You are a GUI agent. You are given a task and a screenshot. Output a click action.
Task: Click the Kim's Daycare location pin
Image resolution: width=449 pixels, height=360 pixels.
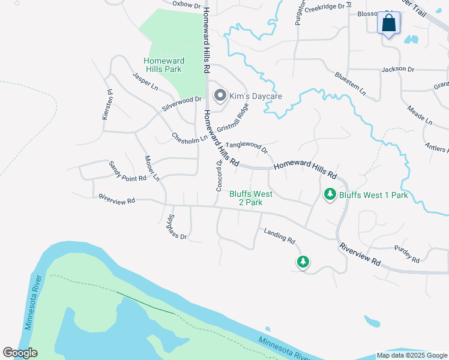tap(220, 95)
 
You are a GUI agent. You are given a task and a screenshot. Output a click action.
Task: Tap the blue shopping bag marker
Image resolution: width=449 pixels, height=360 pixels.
tap(389, 24)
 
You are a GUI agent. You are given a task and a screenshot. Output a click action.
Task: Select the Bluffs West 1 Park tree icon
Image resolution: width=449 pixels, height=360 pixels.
tap(330, 194)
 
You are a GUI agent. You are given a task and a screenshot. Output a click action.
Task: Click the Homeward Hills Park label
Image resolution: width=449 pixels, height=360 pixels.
tap(162, 65)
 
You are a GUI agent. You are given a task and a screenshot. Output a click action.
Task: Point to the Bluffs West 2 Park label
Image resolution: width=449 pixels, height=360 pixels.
tap(251, 198)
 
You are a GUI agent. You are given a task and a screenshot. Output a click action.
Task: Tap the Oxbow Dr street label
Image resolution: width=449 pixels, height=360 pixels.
tap(185, 4)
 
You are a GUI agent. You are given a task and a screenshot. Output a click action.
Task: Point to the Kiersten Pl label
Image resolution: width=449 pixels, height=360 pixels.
tap(107, 105)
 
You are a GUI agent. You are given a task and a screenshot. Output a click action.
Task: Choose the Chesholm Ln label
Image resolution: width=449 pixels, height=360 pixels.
tap(188, 137)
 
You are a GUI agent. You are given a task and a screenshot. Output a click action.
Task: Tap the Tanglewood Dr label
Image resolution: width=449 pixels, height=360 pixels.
tap(247, 146)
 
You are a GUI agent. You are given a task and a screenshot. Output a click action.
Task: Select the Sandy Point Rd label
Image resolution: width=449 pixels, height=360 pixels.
tap(127, 171)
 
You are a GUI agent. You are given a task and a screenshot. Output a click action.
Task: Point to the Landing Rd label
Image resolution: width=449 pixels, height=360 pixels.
tap(279, 236)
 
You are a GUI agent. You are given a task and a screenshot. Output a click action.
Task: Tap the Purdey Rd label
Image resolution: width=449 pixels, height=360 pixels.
tap(406, 254)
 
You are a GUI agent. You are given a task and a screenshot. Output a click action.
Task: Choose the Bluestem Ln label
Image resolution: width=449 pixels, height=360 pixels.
tap(350, 84)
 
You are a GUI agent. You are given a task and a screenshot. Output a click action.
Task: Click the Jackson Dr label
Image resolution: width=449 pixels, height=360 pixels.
tap(397, 70)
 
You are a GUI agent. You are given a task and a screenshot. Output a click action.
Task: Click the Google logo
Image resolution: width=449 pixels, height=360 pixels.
tap(20, 353)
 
